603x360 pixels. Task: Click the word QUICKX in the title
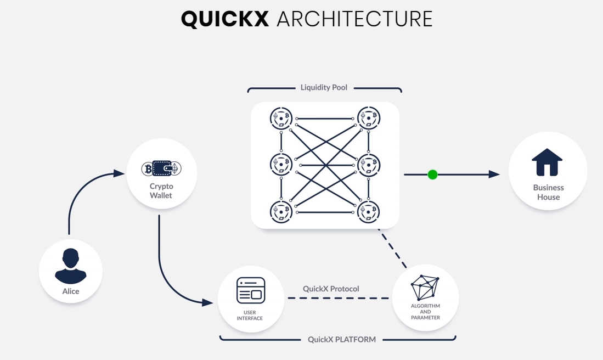click(225, 19)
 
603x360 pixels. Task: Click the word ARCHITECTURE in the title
click(354, 19)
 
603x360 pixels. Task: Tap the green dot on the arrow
click(432, 175)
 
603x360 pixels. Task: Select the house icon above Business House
click(547, 162)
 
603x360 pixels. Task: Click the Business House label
click(548, 192)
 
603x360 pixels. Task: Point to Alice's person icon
click(71, 266)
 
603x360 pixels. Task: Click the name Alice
click(71, 291)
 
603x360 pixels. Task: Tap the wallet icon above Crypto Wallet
click(161, 168)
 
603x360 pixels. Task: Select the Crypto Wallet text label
click(161, 190)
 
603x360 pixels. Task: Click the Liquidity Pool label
click(324, 87)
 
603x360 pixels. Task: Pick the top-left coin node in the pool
click(281, 119)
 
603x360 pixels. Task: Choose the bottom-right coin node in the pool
click(369, 212)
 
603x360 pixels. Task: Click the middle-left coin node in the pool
click(281, 164)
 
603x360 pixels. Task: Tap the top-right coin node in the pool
click(369, 117)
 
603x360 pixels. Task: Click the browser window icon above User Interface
click(251, 290)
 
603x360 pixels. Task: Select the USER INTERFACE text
click(250, 316)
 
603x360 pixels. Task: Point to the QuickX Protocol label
click(331, 289)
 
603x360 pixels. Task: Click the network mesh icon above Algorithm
click(425, 288)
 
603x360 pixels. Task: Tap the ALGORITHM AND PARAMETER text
click(425, 312)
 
